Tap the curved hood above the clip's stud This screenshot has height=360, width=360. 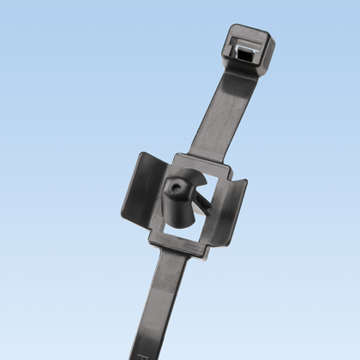(x=193, y=171)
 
